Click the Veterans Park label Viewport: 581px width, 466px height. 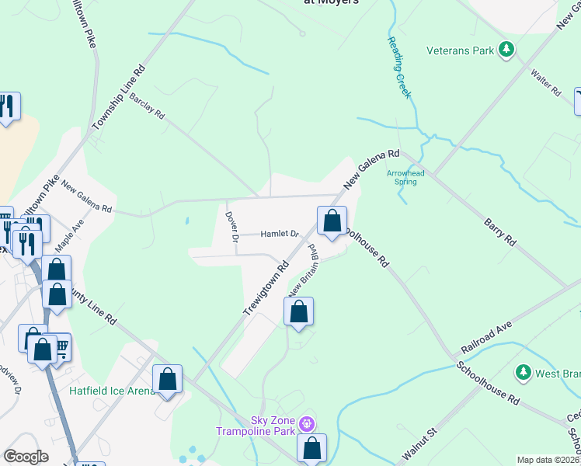[461, 51]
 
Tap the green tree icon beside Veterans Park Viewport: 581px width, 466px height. [506, 51]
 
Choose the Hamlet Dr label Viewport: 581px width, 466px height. [279, 233]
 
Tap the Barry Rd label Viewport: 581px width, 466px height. [499, 231]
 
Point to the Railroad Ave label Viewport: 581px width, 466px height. [488, 329]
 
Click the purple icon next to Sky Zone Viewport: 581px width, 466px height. [307, 425]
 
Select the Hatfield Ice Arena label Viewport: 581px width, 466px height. [113, 390]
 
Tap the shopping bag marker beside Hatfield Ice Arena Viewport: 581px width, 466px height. [167, 380]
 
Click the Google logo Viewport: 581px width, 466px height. [26, 457]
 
